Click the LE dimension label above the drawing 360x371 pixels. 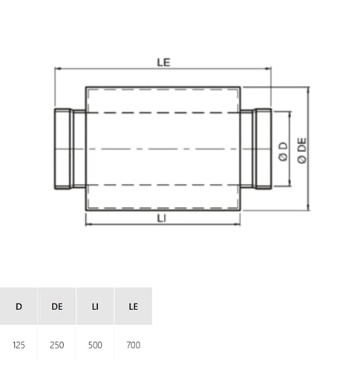click(x=164, y=62)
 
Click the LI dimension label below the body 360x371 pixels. click(x=162, y=218)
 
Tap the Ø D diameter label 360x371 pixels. click(x=284, y=151)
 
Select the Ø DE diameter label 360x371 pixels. click(x=302, y=151)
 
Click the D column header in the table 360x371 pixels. click(x=19, y=306)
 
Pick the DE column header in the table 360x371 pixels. click(x=57, y=306)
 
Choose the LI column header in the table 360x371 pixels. click(x=95, y=306)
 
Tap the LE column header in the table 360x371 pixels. click(x=134, y=306)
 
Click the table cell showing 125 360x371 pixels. click(x=19, y=345)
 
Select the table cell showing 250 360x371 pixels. click(x=57, y=345)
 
